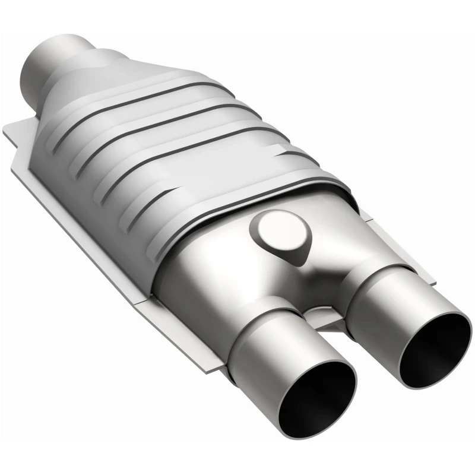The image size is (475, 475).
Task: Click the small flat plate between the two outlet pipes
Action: [324, 318]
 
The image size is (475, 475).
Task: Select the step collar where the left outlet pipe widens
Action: [261, 315]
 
